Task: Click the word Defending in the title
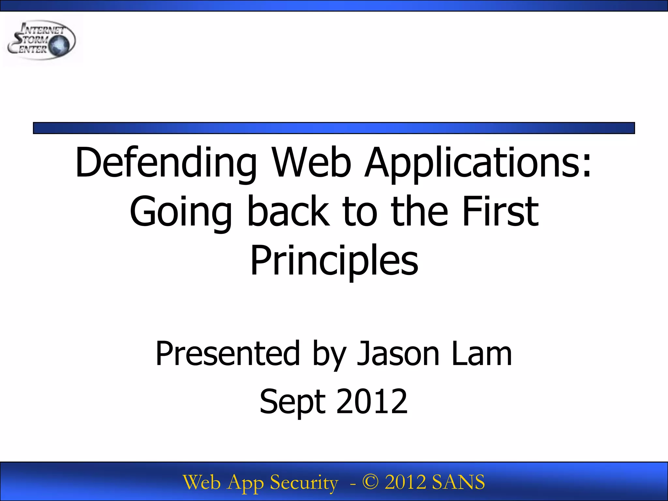click(x=166, y=163)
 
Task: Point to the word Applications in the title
click(x=478, y=163)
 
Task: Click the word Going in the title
click(x=181, y=212)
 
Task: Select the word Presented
click(x=227, y=354)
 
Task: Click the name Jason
click(x=398, y=354)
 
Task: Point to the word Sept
click(x=293, y=402)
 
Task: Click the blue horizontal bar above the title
click(x=334, y=128)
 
